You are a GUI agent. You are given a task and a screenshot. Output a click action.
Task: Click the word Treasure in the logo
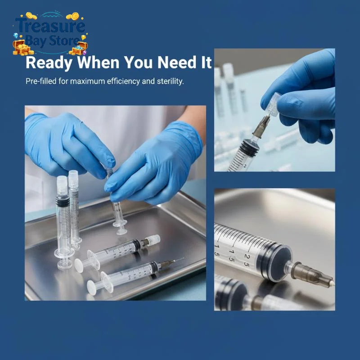[50, 26]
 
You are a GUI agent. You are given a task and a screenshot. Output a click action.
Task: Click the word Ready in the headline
[49, 63]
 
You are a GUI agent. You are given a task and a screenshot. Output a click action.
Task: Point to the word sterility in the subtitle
[171, 81]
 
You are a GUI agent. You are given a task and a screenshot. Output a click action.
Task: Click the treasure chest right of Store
[79, 49]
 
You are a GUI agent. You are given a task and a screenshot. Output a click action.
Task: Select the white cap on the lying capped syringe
[154, 239]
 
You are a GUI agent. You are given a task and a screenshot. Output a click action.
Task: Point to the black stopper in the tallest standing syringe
[63, 202]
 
